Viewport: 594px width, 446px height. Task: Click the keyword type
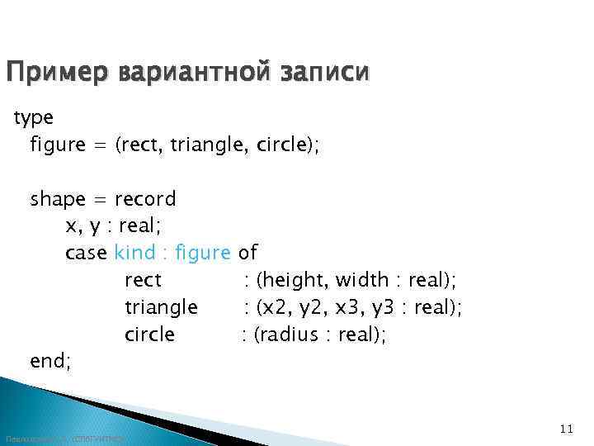pos(32,118)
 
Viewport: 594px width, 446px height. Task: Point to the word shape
pos(58,199)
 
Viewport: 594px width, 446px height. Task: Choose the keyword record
pos(145,199)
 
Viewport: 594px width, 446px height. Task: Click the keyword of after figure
pos(247,253)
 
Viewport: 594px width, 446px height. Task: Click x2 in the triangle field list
pos(273,307)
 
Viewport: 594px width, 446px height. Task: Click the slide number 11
pos(565,428)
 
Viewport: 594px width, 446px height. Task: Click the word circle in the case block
pos(149,334)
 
